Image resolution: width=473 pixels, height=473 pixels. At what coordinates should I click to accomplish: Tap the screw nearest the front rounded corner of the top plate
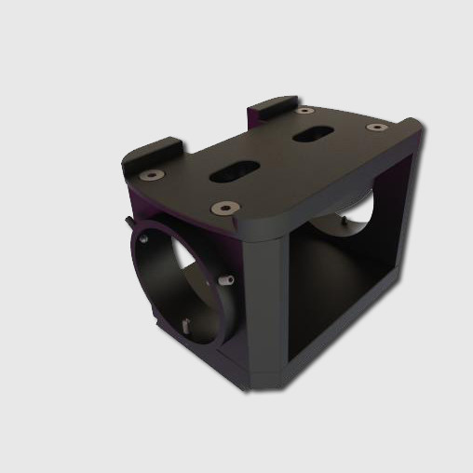[222, 208]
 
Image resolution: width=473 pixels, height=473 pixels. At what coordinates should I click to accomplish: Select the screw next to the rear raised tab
[304, 110]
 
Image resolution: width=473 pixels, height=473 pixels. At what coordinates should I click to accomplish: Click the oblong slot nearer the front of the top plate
[235, 170]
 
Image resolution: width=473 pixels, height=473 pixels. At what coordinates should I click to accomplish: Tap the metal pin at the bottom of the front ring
[187, 326]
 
